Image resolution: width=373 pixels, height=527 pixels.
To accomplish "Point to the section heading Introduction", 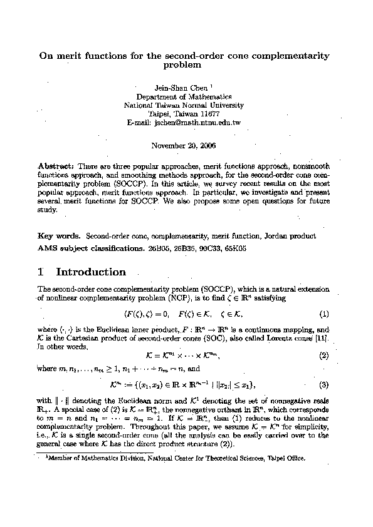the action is click(x=91, y=272).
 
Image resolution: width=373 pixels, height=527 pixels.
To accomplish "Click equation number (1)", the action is click(x=324, y=313).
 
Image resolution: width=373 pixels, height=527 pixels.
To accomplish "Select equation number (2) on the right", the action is click(x=324, y=356).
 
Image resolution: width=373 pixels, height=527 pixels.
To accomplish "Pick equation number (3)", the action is click(x=324, y=384).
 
